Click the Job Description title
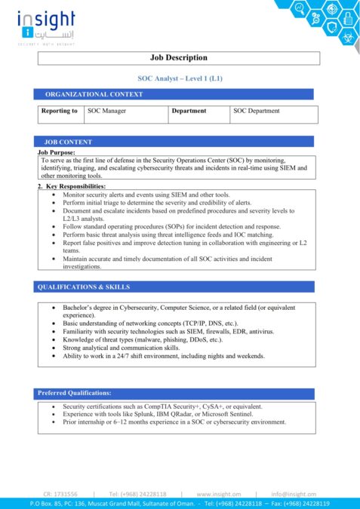click(x=180, y=58)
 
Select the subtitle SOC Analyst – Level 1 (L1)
click(x=180, y=78)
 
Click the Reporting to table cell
click(x=60, y=112)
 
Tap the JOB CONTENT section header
click(x=69, y=142)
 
